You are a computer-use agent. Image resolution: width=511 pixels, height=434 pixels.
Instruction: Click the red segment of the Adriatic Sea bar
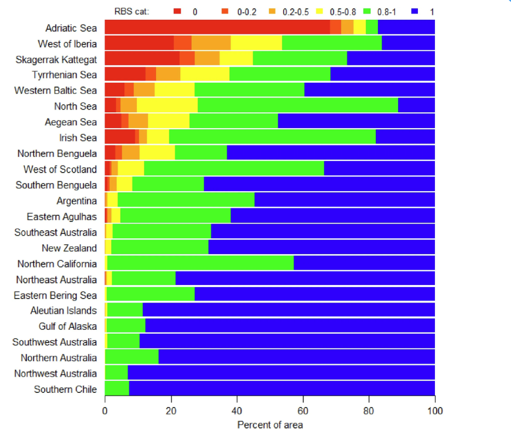pos(217,27)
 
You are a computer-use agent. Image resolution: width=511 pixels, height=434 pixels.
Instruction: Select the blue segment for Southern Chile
pos(282,388)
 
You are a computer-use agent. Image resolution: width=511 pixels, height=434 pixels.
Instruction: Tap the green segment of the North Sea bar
pos(298,105)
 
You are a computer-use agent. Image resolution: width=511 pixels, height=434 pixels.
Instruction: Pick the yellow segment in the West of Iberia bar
pos(256,43)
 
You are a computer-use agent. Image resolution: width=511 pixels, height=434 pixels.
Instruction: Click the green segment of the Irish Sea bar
pos(272,136)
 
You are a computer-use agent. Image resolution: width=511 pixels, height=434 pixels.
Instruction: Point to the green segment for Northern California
pos(200,262)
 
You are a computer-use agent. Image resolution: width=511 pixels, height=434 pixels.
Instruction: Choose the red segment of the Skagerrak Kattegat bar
pos(142,58)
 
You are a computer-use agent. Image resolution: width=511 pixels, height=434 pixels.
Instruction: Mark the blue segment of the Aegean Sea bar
pos(356,121)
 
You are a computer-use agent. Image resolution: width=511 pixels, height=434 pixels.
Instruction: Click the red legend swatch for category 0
pos(177,12)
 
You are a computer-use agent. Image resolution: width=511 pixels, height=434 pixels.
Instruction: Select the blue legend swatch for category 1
pos(415,12)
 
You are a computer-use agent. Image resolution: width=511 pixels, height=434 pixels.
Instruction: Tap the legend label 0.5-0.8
pos(343,12)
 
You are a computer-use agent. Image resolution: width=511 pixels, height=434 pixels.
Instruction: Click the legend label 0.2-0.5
pos(296,12)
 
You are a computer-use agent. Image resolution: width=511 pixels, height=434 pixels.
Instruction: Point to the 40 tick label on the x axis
pos(237,411)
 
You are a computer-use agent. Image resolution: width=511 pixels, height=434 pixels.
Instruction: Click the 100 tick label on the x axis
pos(435,411)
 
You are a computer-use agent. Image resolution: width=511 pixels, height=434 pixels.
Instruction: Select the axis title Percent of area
pos(270,425)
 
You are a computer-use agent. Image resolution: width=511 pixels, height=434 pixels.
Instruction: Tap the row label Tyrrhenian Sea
pos(65,75)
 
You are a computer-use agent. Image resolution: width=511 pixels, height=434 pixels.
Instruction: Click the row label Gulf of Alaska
pos(68,326)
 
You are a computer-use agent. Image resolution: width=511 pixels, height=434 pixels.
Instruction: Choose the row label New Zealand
pos(70,248)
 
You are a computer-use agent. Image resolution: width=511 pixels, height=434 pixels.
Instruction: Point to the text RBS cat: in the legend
pos(131,12)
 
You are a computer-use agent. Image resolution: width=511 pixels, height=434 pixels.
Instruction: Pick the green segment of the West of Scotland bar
pos(234,168)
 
